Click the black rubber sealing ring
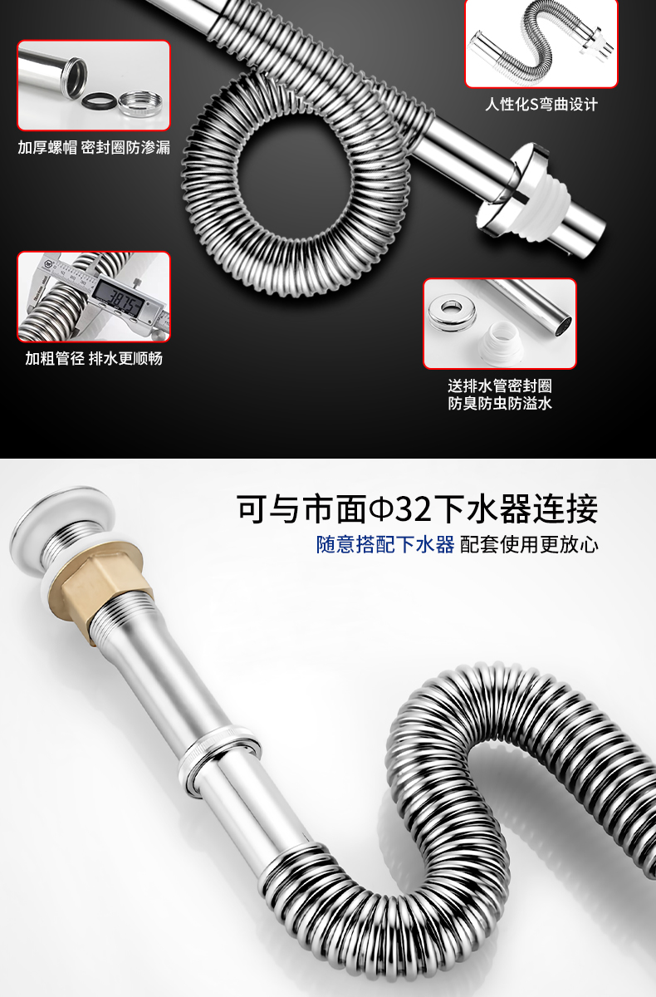coord(100,100)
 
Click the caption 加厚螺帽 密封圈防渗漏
coord(94,148)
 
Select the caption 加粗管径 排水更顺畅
coord(94,358)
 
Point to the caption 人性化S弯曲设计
coord(541,105)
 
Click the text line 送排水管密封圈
coord(500,386)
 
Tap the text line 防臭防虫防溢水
coord(500,403)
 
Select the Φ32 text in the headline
coord(400,508)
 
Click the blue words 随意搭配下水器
coord(385,544)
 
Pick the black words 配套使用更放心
coord(529,544)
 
